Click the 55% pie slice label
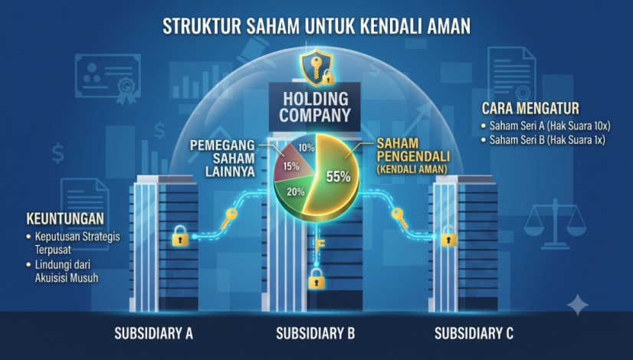338,177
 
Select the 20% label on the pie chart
296,192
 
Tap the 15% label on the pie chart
291,166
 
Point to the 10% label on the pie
307,148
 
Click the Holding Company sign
314,107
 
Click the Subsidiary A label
154,334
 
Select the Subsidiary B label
315,334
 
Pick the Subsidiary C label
474,334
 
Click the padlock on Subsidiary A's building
180,236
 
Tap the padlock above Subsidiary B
316,279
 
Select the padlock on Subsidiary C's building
448,236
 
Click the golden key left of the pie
229,218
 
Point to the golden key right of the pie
400,218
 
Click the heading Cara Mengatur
530,109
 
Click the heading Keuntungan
65,219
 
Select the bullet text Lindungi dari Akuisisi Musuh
63,271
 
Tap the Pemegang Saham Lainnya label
222,159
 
